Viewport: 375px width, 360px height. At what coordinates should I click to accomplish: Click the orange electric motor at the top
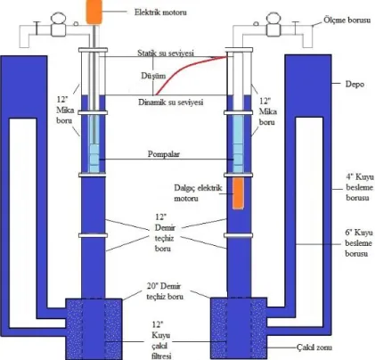tap(94, 12)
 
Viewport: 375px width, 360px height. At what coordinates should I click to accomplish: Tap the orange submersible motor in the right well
tap(238, 193)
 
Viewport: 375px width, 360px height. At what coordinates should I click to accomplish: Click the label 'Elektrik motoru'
tap(160, 12)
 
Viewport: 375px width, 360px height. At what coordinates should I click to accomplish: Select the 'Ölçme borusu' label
tap(346, 20)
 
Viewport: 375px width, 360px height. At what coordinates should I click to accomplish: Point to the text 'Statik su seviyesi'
tap(166, 53)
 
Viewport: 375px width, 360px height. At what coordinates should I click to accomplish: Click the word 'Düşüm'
tap(153, 76)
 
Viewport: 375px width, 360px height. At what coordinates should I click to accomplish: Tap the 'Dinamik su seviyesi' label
tap(171, 102)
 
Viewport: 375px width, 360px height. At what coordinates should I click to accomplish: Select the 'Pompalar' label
tap(164, 154)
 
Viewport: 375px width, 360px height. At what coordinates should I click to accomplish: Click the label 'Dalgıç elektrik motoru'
tap(198, 193)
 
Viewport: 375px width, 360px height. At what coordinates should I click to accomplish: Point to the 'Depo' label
tap(355, 84)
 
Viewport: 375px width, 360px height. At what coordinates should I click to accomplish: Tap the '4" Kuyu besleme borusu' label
tap(359, 187)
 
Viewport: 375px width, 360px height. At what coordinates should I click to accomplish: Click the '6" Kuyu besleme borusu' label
tap(359, 243)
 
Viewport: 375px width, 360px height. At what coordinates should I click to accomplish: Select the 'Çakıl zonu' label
tap(314, 348)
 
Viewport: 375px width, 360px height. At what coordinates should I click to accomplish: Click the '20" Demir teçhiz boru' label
tap(165, 291)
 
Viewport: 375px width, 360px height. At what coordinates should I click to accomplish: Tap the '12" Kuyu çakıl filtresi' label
tap(161, 340)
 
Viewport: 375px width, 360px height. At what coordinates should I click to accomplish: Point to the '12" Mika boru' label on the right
tap(268, 111)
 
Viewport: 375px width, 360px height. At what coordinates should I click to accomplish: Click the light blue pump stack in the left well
tap(94, 143)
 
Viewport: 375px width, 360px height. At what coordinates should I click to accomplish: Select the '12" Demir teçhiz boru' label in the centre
tap(165, 233)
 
